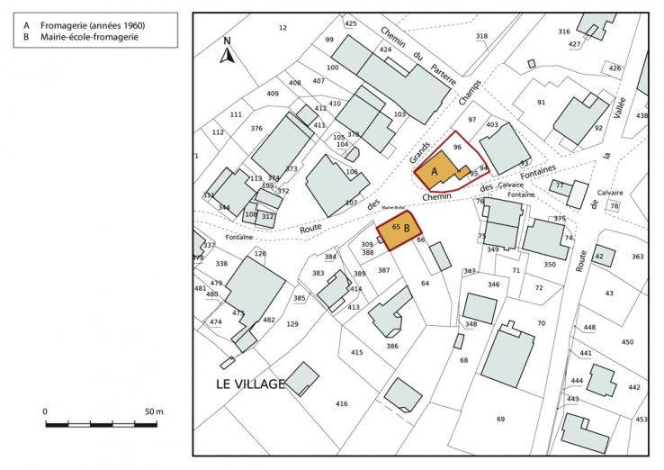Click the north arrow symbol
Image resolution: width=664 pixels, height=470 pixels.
point(228,52)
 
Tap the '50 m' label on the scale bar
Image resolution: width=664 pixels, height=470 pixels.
point(154,411)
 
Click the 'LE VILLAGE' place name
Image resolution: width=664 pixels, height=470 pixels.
point(250,384)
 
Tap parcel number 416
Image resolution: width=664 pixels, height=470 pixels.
point(341,403)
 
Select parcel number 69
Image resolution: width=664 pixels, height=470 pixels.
point(500,419)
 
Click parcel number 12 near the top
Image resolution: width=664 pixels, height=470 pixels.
point(283,28)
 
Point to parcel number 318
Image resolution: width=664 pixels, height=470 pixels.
point(481,36)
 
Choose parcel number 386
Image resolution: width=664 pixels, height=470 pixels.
point(391,346)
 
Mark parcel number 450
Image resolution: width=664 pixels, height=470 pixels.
point(627,342)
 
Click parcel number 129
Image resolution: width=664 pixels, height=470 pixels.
point(292,323)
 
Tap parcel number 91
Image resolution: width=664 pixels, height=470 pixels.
point(541,102)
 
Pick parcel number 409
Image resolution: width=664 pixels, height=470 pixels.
point(273,94)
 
